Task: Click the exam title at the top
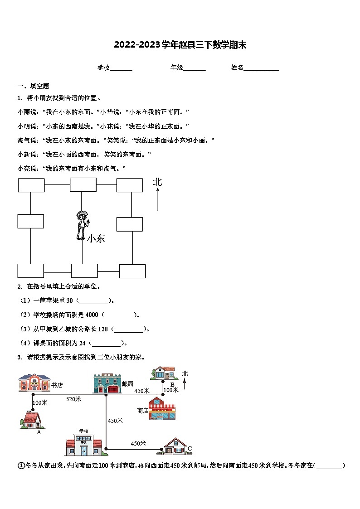(180, 45)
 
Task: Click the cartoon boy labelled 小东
(82, 225)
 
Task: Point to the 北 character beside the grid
(157, 182)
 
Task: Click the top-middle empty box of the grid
(83, 184)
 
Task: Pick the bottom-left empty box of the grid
(31, 271)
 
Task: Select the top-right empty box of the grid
(130, 185)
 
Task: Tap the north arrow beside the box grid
(158, 200)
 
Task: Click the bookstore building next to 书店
(34, 383)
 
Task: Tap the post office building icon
(107, 383)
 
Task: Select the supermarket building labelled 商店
(162, 409)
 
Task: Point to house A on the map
(32, 420)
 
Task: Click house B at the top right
(163, 373)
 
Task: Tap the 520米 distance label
(73, 399)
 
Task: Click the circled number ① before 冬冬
(20, 465)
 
